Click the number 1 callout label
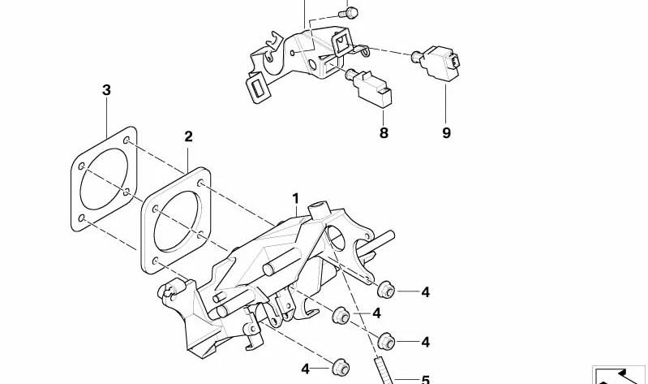[295, 199]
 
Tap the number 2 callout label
[188, 136]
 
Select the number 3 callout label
[106, 90]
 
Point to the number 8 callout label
[384, 133]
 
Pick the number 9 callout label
[446, 133]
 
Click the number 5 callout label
[426, 379]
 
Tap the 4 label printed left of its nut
[306, 369]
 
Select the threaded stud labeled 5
[382, 371]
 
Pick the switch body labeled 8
[373, 90]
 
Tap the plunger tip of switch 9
[416, 56]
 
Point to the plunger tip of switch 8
[350, 75]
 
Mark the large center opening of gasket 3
[104, 179]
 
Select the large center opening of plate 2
[178, 221]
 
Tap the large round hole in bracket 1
[336, 237]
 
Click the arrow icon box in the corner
[620, 375]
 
